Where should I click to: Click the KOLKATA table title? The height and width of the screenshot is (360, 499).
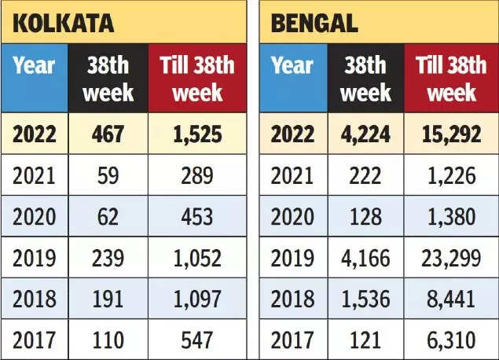64,22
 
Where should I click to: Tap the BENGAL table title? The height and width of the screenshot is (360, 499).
314,22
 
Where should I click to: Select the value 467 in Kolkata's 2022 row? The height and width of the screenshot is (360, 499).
108,134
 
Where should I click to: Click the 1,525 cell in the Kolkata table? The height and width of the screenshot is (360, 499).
196,134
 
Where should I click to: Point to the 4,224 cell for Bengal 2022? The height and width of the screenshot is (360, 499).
365,134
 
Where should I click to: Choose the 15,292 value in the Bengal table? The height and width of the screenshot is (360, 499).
452,134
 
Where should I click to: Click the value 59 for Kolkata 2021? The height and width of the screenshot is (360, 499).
108,174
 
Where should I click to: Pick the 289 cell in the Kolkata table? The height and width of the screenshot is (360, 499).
196,174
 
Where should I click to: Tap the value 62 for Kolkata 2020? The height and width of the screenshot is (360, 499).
108,216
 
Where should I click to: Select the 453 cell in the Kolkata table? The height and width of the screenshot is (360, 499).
196,216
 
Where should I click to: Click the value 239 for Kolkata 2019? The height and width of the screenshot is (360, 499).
108,257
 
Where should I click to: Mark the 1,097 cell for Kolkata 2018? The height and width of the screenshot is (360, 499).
196,299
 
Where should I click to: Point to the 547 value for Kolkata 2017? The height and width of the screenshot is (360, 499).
196,340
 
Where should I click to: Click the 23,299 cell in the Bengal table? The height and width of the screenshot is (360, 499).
452,257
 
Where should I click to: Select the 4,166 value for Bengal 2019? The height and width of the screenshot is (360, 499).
365,257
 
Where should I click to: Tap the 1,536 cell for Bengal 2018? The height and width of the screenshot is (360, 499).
365,299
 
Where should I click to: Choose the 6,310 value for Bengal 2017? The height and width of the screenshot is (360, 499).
452,340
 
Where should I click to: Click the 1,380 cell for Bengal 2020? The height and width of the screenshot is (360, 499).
452,216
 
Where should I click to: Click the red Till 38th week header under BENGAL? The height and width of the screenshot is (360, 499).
452,79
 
